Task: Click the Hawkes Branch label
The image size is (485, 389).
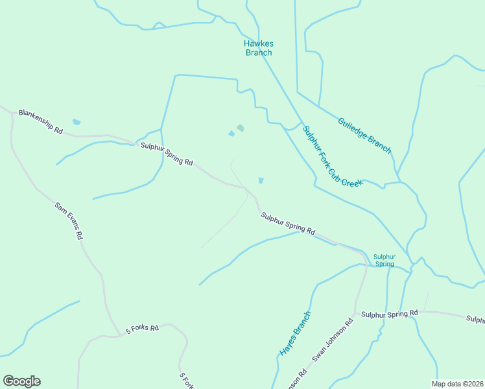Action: click(x=259, y=48)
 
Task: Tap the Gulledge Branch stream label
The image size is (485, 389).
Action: click(x=365, y=136)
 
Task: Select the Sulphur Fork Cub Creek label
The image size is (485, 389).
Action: click(x=333, y=156)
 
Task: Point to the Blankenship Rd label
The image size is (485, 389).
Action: click(x=40, y=121)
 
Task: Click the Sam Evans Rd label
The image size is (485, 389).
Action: click(x=69, y=221)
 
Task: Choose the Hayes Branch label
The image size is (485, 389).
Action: click(x=296, y=333)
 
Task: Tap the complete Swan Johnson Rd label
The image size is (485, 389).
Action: click(x=333, y=339)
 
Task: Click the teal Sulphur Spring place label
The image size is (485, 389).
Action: click(x=384, y=260)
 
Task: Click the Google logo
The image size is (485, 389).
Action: click(x=21, y=381)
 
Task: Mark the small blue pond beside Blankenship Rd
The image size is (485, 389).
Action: click(x=77, y=122)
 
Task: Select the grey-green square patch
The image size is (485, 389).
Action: click(x=241, y=128)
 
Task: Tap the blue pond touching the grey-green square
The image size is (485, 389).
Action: click(x=231, y=134)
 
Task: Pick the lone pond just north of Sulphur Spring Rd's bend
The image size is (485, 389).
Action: click(x=261, y=180)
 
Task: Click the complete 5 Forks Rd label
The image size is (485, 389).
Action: click(x=142, y=328)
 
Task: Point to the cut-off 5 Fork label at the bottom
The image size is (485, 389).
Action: click(x=186, y=381)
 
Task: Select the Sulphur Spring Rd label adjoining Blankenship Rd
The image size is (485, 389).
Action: click(x=167, y=154)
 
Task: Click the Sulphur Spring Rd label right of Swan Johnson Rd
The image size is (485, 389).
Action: click(x=389, y=314)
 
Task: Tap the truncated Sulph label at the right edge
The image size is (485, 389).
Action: click(x=475, y=319)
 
